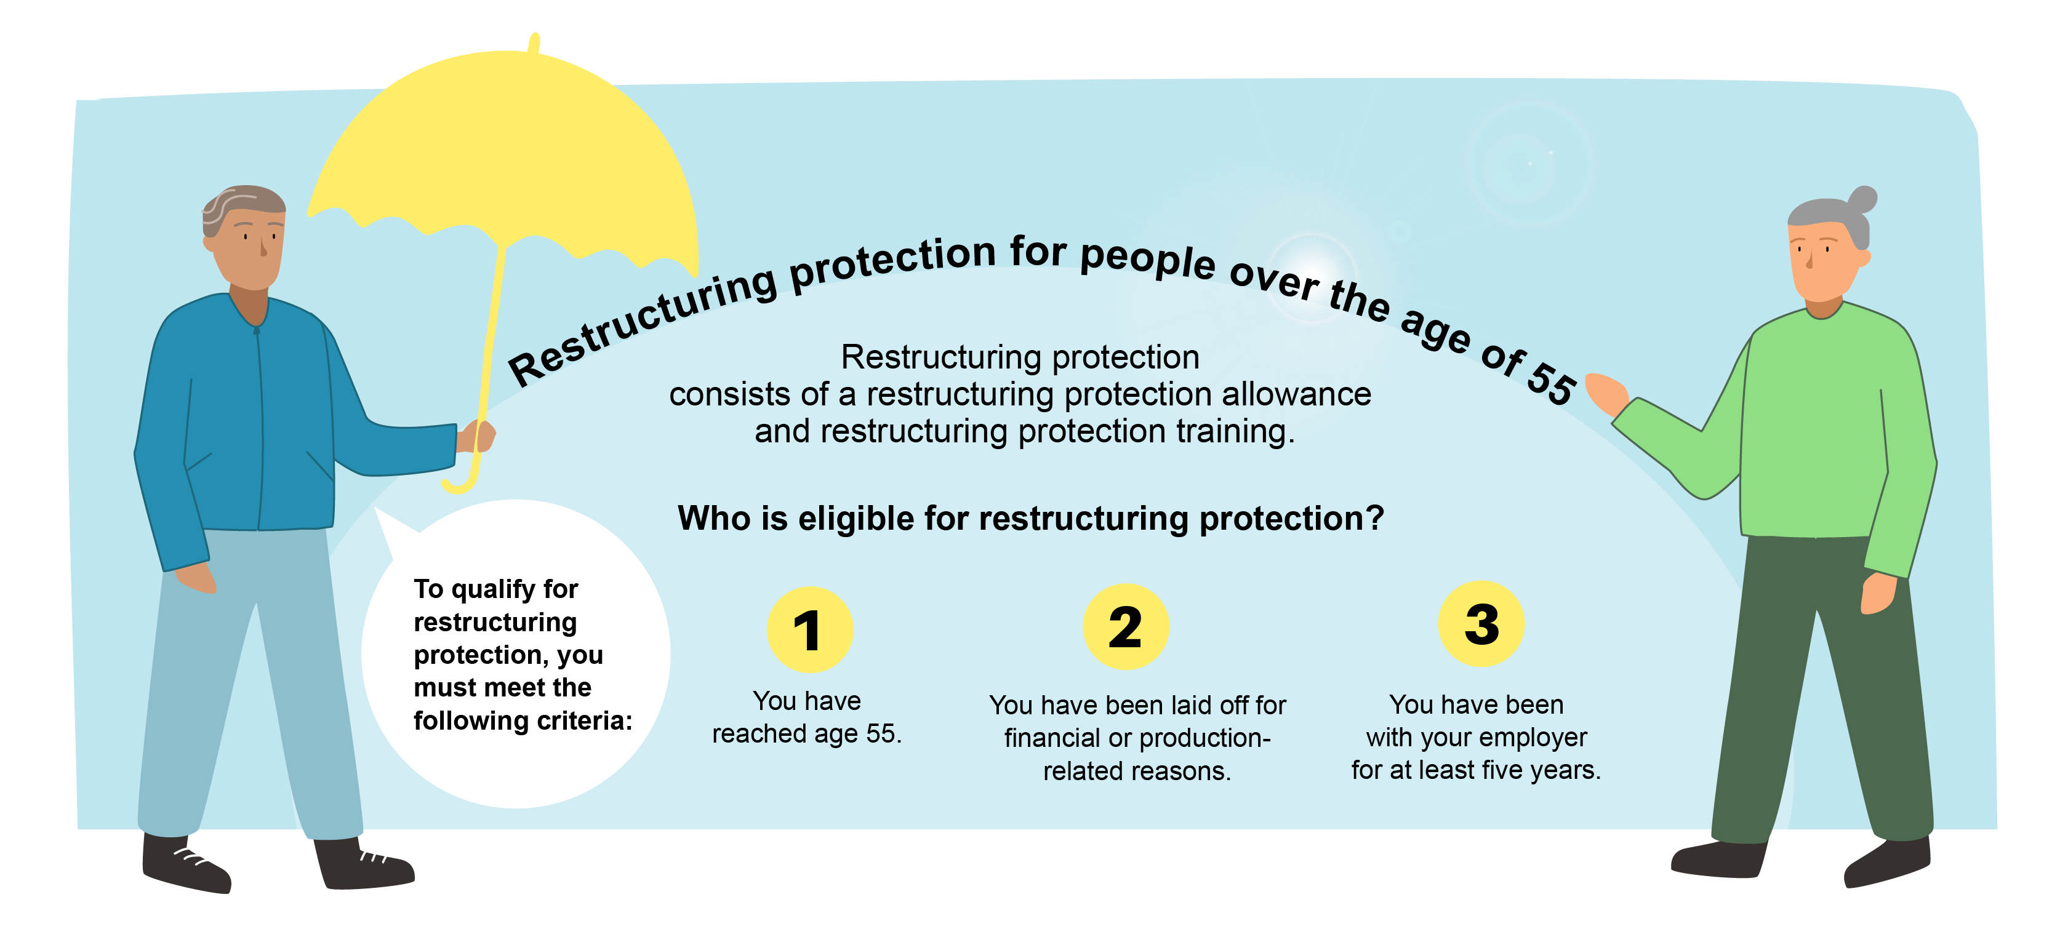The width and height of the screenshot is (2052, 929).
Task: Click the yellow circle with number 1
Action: pyautogui.click(x=809, y=629)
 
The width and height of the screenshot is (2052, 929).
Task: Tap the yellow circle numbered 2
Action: pyautogui.click(x=1126, y=626)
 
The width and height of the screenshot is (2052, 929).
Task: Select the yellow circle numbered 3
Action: pyautogui.click(x=1481, y=624)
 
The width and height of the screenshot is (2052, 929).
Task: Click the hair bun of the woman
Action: pyautogui.click(x=1862, y=199)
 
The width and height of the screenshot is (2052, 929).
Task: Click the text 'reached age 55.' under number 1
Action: pyautogui.click(x=807, y=734)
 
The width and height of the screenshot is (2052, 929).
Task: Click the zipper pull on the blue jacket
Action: pyautogui.click(x=257, y=330)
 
